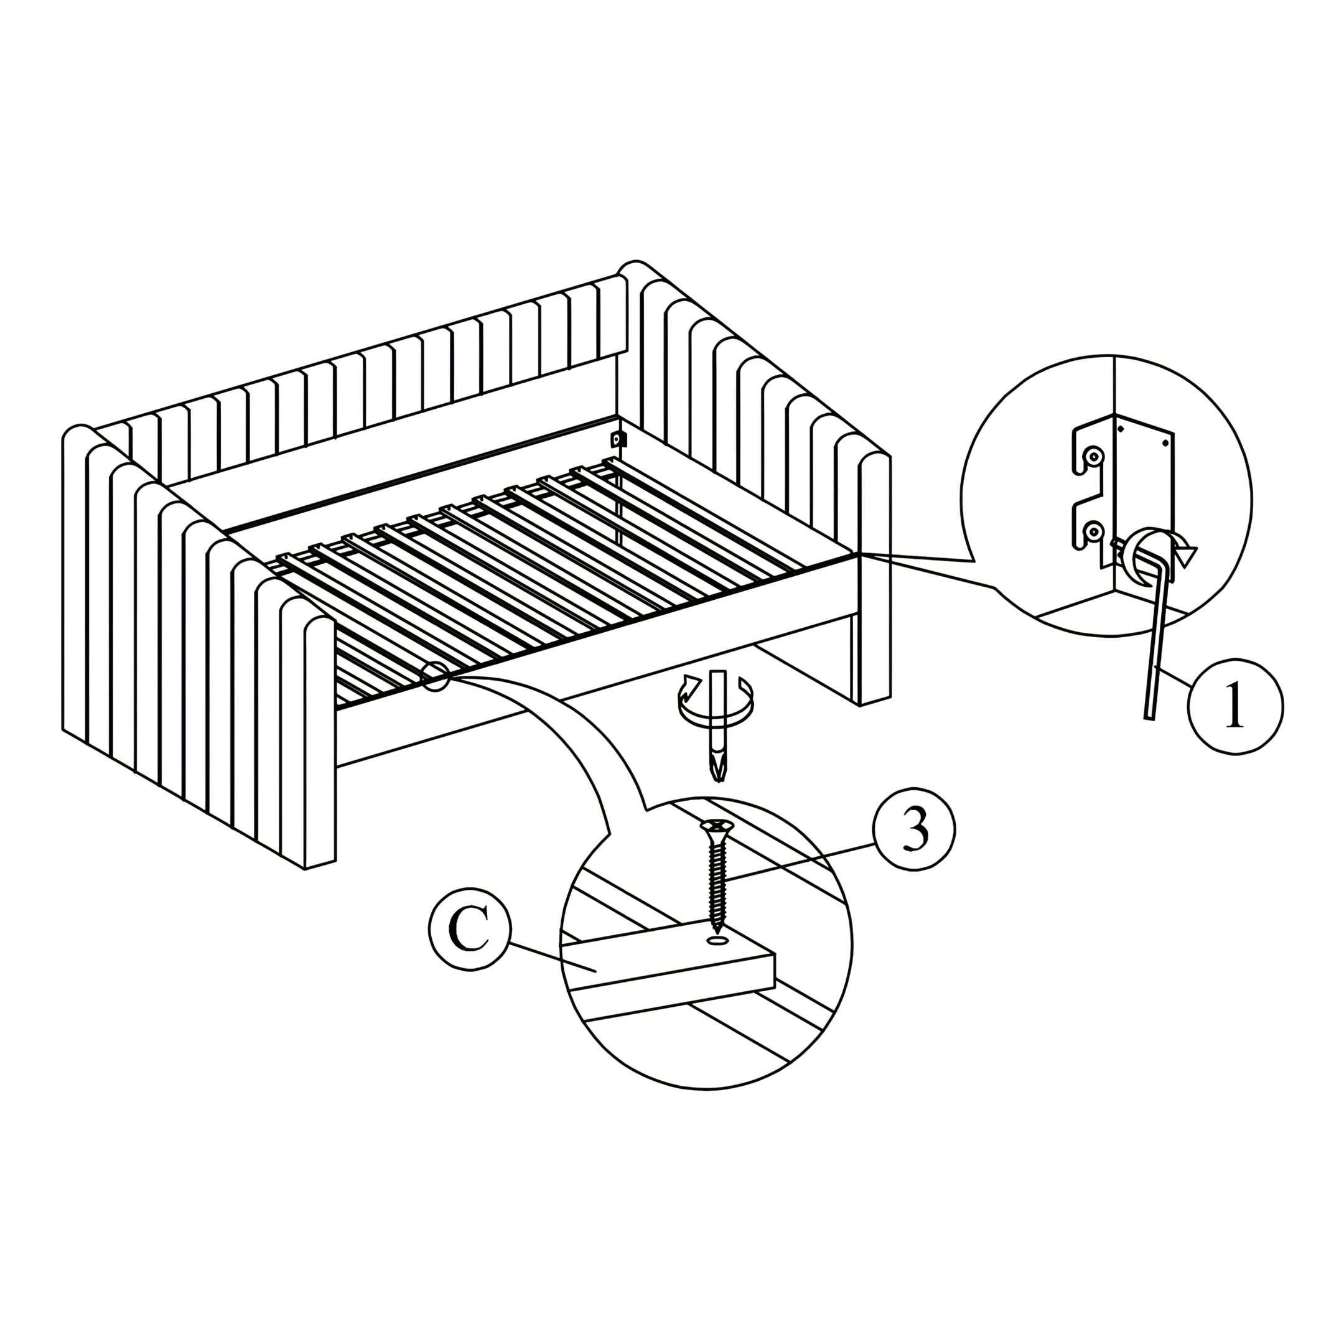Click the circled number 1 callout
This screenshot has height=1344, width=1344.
(x=1234, y=706)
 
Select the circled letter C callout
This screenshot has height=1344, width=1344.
(x=470, y=929)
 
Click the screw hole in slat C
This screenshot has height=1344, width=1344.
(x=717, y=941)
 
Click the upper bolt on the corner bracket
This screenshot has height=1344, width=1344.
(x=1095, y=458)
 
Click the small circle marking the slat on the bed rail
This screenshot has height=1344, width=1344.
(x=435, y=676)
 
